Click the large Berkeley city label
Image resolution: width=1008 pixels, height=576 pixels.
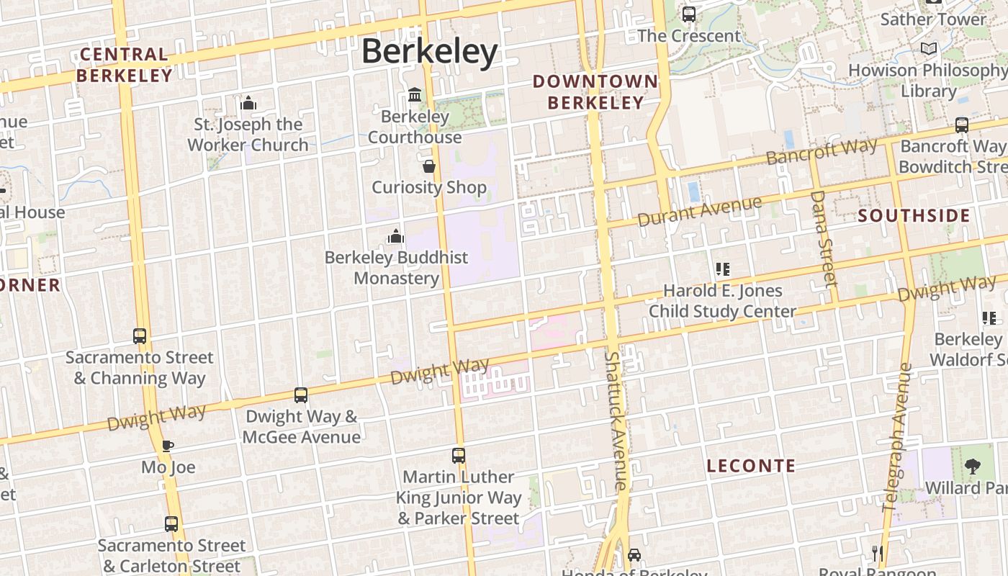429,52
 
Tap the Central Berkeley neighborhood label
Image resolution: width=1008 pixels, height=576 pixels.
124,65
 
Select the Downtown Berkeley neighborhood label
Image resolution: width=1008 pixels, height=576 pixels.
595,92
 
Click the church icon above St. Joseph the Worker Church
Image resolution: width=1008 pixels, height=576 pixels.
248,104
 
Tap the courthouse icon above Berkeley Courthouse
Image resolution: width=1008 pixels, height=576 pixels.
415,94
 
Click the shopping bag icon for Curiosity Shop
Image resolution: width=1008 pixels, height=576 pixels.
429,166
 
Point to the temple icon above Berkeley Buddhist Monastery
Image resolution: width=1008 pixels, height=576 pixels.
395,236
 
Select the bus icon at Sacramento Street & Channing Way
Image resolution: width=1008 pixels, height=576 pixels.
140,336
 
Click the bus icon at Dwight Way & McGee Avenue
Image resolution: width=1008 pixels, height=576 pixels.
301,395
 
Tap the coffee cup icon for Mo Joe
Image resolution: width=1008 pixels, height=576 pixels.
167,446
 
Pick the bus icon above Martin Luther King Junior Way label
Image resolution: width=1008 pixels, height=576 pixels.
459,456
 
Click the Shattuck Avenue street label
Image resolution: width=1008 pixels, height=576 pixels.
616,421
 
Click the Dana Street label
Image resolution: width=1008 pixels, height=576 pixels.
824,238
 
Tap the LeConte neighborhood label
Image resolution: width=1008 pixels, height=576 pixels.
751,466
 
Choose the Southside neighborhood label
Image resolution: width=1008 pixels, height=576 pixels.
914,215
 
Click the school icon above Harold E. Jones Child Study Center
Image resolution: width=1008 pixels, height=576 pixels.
723,269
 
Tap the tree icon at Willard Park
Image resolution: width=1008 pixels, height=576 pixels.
972,467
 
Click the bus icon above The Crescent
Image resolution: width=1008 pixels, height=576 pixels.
689,14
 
